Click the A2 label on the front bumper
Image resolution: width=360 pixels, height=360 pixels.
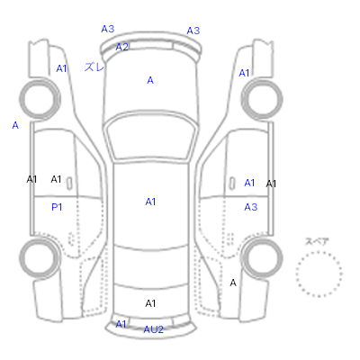tap(122, 47)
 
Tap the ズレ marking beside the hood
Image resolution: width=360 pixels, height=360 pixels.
tap(94, 67)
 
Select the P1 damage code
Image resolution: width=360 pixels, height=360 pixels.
tap(57, 207)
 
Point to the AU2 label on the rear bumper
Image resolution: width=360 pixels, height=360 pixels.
tap(153, 329)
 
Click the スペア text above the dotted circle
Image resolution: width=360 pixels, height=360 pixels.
tap(317, 241)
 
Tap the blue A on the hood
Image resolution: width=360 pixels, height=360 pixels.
tap(150, 80)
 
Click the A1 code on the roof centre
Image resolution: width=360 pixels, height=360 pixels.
tap(150, 202)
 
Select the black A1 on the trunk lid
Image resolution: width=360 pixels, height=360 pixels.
tap(150, 303)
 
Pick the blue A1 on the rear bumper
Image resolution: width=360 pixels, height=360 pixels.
tap(121, 324)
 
